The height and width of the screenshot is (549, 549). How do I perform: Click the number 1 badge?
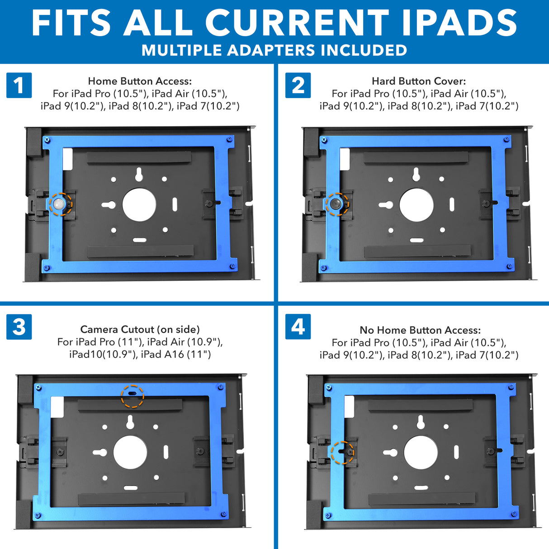[19, 85]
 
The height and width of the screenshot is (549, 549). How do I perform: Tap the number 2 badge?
[298, 85]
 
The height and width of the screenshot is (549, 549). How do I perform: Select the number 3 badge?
[19, 327]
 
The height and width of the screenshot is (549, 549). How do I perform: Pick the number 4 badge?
[298, 327]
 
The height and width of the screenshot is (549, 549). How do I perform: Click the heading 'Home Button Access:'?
[140, 81]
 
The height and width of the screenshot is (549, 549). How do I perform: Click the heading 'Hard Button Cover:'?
[419, 81]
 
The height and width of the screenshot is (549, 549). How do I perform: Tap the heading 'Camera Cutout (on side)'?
[140, 329]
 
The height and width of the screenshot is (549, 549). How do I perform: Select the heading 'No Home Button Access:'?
[420, 330]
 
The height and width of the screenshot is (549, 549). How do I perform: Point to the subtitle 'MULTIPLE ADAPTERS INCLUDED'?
[274, 50]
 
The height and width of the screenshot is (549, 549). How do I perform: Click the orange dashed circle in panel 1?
[60, 204]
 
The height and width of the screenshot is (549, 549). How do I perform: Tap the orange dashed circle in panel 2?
[336, 204]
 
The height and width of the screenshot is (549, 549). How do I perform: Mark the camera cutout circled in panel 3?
[132, 395]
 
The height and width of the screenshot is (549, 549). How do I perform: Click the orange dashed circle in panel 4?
[342, 452]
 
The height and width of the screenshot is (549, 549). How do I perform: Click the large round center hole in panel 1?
[139, 205]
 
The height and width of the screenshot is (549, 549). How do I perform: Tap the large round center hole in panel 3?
[130, 453]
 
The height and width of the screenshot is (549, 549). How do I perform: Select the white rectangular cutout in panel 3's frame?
[57, 407]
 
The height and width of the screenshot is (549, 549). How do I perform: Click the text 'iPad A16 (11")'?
[176, 354]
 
